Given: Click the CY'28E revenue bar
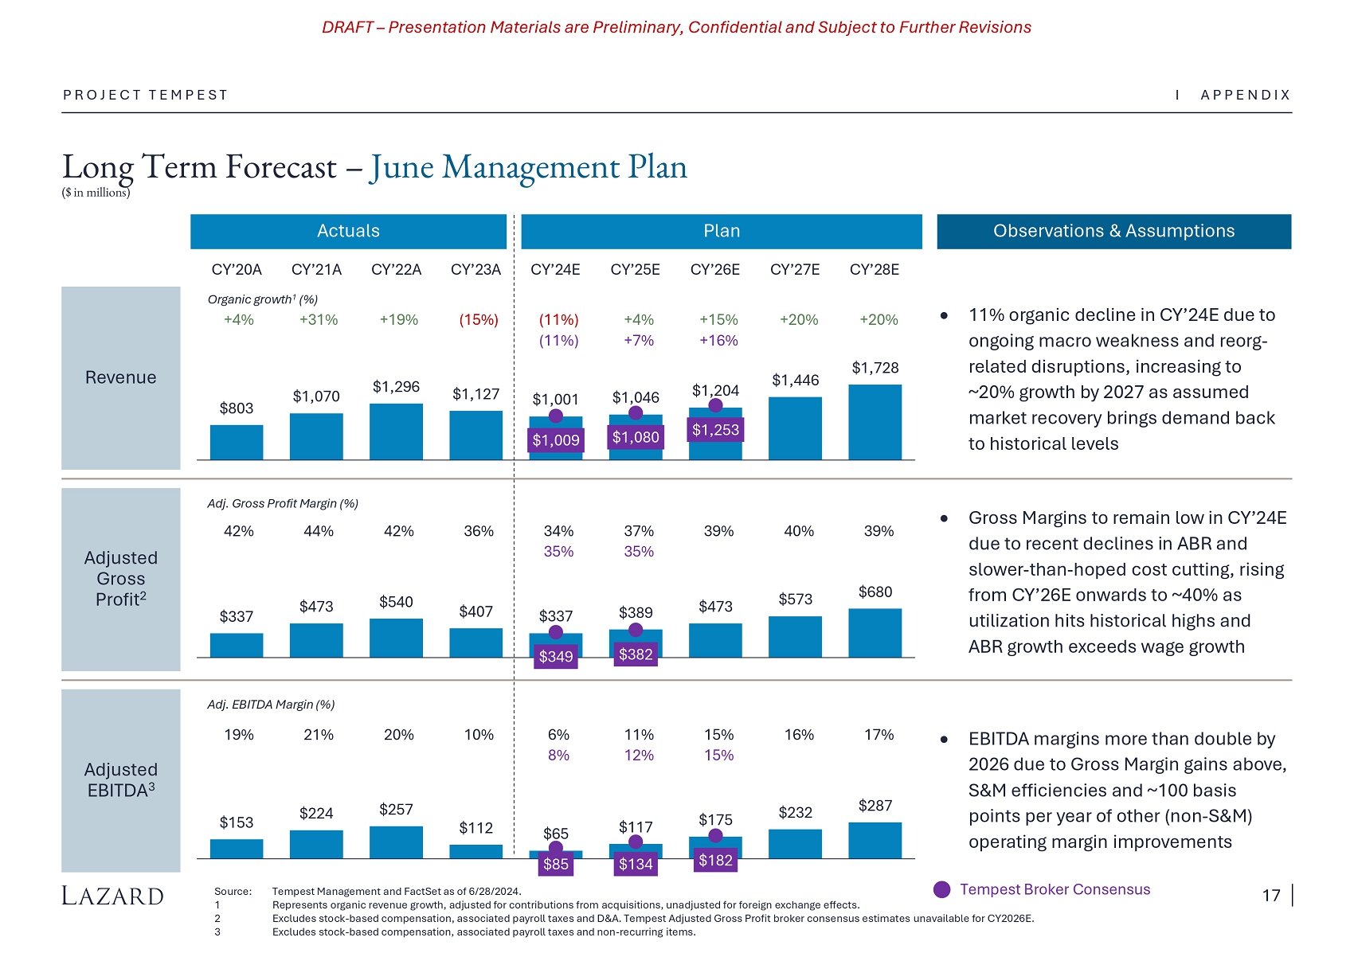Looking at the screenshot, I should point(875,422).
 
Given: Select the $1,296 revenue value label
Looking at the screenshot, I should point(396,387).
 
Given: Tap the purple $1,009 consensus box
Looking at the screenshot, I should point(556,440).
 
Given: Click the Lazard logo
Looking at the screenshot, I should point(112,896).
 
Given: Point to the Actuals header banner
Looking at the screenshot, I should point(348,232).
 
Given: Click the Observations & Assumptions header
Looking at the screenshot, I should point(1113,232).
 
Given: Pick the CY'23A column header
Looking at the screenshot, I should point(475,270).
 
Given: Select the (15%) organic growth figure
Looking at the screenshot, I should point(479,320).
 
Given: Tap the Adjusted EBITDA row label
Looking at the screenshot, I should point(121,780).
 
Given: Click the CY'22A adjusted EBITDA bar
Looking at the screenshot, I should point(396,842).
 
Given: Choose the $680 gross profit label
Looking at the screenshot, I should point(875,592).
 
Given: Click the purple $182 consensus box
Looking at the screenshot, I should point(715,861).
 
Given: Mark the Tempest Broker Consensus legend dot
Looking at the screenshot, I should point(942,890).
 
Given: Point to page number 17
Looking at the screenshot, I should point(1271,896).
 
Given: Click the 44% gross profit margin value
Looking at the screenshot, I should point(319,532).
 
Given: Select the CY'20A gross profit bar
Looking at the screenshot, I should point(237,645).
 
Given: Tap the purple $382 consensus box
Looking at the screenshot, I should point(636,654).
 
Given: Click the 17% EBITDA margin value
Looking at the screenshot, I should point(879,735).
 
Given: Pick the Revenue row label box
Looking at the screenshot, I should point(121,378).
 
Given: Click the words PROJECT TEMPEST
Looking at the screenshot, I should point(146,96).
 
